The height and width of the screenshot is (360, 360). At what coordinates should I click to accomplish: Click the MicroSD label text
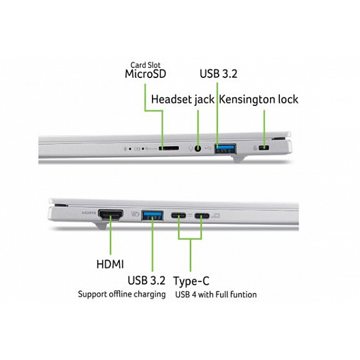[x=145, y=74]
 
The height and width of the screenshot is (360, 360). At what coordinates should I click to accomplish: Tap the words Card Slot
[x=145, y=65]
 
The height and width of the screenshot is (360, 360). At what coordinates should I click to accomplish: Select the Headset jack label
[x=183, y=99]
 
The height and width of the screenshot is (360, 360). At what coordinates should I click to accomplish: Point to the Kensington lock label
[x=259, y=99]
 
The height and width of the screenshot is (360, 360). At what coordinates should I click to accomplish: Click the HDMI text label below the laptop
[x=110, y=264]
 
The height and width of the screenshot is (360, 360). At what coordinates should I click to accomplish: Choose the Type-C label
[x=191, y=281]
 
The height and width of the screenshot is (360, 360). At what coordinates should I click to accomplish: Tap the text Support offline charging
[x=122, y=295]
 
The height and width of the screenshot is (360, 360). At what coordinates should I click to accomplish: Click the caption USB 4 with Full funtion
[x=216, y=295]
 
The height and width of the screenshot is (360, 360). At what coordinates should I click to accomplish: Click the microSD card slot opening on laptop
[x=169, y=148]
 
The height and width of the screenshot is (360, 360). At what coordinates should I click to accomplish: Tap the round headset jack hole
[x=198, y=149]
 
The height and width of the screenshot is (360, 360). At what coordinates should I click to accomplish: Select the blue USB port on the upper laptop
[x=225, y=149]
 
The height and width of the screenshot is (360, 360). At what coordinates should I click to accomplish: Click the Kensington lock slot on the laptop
[x=264, y=147]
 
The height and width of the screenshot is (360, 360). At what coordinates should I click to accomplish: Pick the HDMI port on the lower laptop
[x=111, y=215]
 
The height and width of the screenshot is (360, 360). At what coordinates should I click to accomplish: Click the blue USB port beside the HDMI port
[x=153, y=215]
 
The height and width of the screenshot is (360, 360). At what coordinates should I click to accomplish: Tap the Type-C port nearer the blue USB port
[x=179, y=215]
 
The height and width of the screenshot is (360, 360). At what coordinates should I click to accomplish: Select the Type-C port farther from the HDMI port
[x=202, y=216]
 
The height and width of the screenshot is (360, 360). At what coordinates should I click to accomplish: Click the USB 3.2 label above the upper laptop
[x=219, y=74]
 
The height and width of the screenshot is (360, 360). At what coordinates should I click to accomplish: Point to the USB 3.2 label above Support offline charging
[x=147, y=281]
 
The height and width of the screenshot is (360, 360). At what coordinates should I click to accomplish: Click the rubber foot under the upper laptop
[x=238, y=159]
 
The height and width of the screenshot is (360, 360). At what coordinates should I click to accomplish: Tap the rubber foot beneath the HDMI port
[x=100, y=226]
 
